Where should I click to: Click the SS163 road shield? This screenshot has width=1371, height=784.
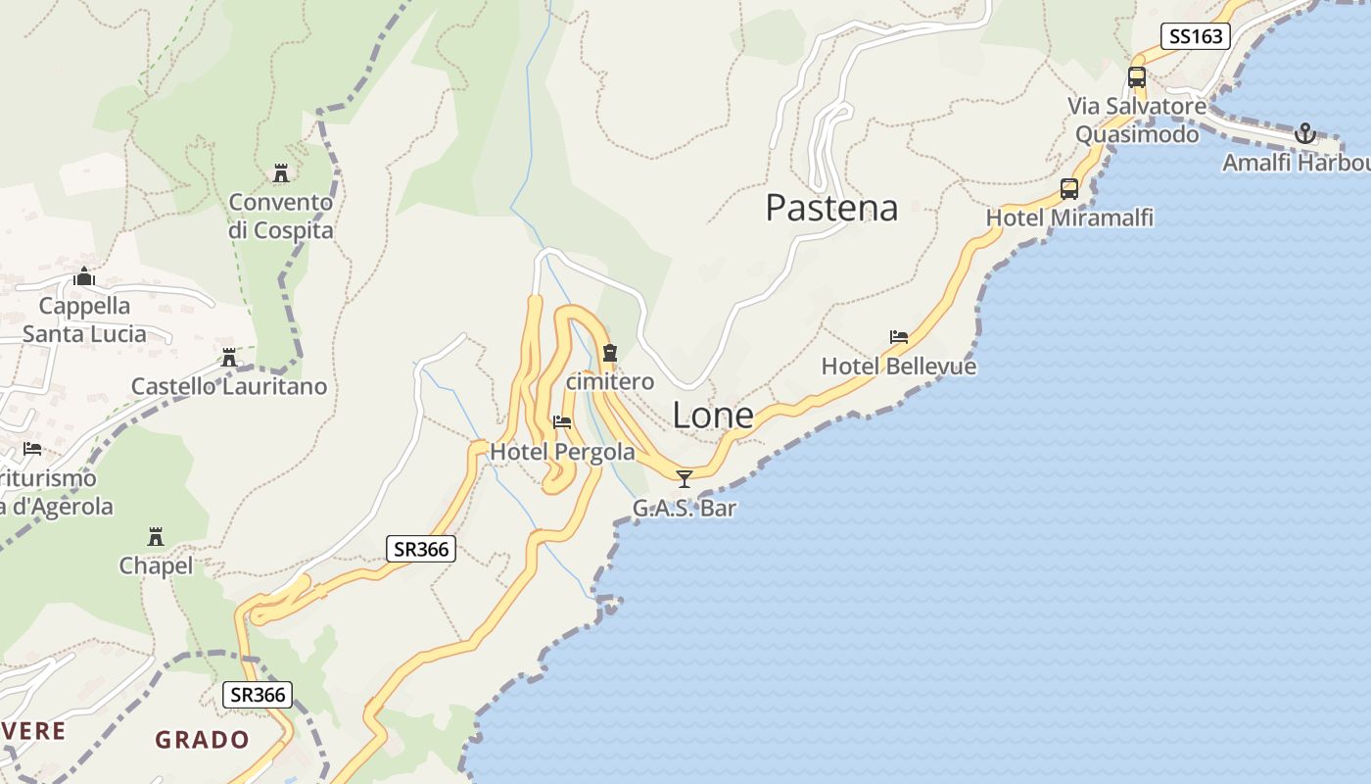[1196, 36]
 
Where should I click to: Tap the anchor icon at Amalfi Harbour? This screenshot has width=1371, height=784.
[1304, 133]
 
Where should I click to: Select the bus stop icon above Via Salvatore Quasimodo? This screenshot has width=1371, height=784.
[1136, 76]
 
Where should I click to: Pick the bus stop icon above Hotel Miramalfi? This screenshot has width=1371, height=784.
[1068, 188]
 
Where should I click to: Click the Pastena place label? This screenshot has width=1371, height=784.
[831, 208]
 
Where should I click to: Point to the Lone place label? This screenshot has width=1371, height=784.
[713, 416]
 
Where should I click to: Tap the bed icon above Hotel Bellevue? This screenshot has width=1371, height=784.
[898, 337]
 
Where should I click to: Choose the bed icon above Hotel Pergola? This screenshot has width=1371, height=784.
[562, 422]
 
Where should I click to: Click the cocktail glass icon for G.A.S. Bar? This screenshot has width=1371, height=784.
[685, 478]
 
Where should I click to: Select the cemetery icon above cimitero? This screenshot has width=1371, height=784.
[610, 352]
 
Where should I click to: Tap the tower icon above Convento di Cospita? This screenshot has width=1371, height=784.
[281, 173]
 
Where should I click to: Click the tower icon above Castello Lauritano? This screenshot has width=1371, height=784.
[229, 358]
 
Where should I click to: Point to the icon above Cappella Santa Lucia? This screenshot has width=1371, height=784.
[84, 276]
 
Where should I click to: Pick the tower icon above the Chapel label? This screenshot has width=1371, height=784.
[155, 536]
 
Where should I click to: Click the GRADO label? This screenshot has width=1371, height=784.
[202, 739]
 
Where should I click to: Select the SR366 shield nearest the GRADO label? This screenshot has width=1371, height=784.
[259, 695]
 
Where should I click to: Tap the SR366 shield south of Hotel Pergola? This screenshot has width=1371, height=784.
[421, 549]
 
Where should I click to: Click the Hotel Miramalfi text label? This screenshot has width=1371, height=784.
[1069, 218]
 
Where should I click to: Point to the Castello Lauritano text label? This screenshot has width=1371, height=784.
[229, 386]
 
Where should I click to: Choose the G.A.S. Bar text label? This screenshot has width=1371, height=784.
[685, 508]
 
